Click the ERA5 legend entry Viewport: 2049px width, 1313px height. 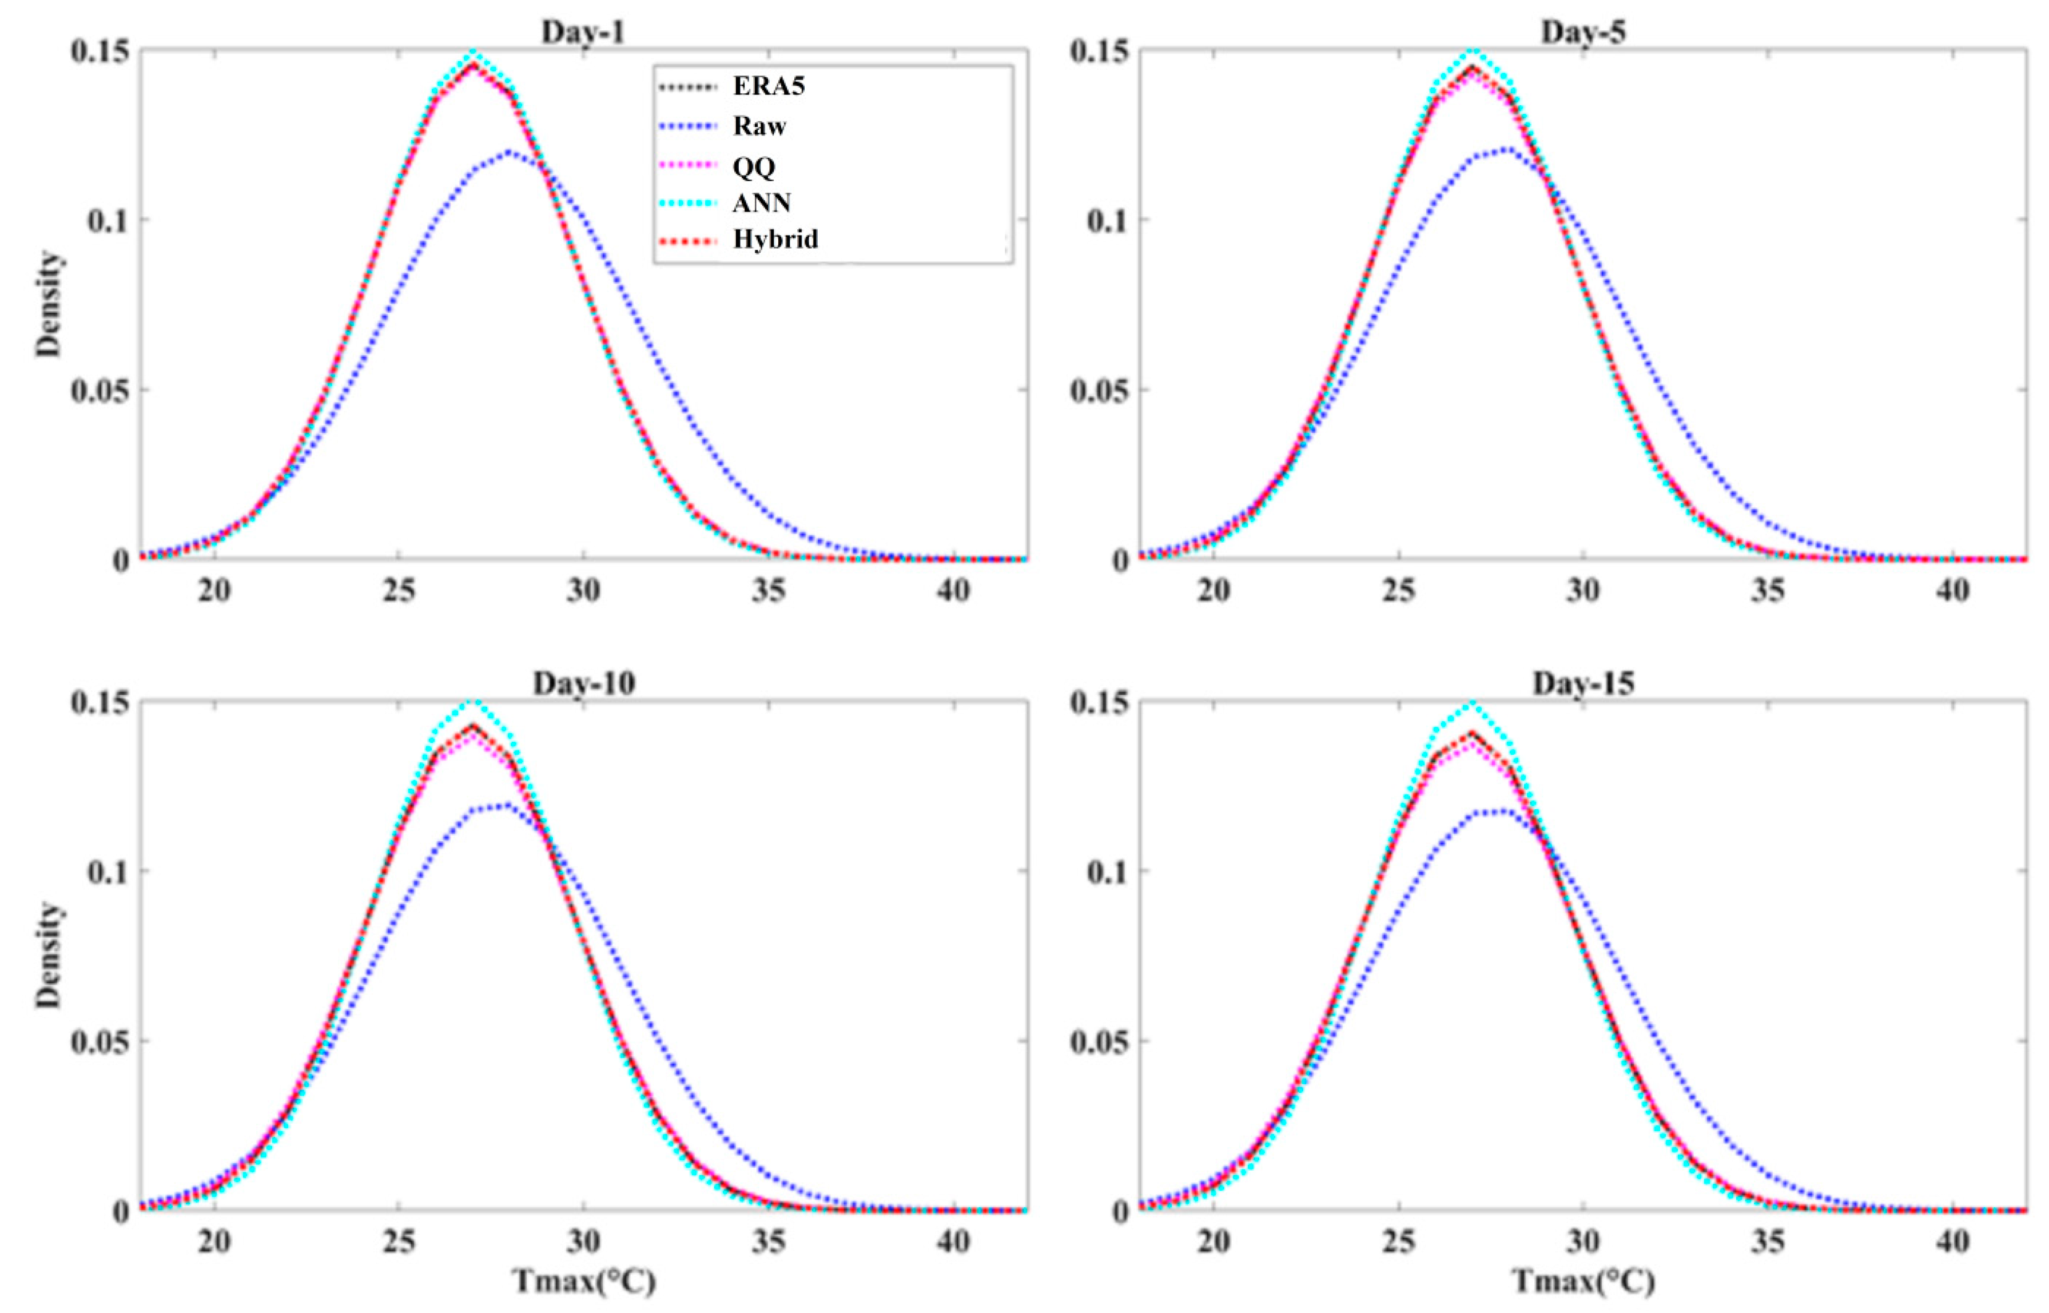768,86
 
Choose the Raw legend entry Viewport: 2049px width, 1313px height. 758,126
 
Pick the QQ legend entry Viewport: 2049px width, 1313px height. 754,166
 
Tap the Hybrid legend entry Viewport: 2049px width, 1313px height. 775,240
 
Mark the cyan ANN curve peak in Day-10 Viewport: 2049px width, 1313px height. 474,702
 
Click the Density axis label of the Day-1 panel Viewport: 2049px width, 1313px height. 49,304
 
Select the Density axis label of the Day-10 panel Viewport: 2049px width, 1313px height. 49,956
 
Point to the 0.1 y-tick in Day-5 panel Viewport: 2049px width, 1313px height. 1105,220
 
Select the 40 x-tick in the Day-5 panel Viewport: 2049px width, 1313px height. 1952,590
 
